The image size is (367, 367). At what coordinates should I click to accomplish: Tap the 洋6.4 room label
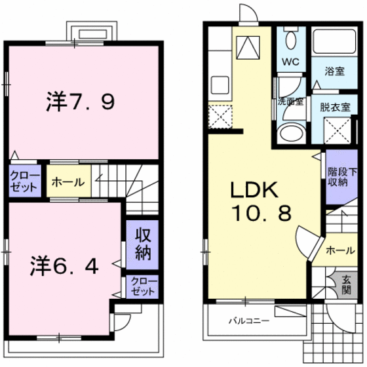[x=63, y=266]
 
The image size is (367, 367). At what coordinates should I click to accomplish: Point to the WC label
[x=290, y=63]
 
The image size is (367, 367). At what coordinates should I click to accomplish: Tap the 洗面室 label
[x=290, y=102]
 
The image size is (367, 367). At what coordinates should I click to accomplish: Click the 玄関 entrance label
[x=345, y=284]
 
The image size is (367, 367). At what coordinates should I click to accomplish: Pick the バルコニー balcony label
[x=249, y=322]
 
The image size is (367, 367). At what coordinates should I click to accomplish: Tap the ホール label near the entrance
[x=336, y=250]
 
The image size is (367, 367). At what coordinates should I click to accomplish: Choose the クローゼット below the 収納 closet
[x=142, y=286]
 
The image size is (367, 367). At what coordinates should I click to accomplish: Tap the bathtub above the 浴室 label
[x=334, y=43]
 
